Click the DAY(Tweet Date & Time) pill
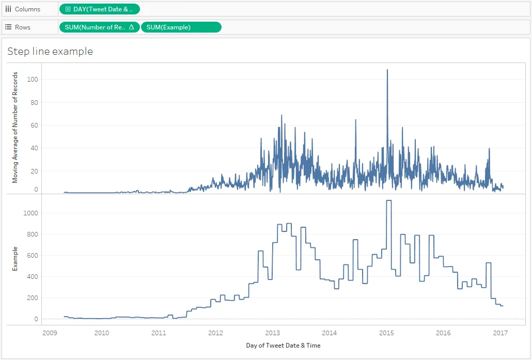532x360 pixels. tap(99, 9)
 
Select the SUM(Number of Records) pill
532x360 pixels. tap(99, 27)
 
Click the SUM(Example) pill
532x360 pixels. tap(181, 27)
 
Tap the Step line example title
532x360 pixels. tap(50, 51)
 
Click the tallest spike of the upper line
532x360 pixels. tap(387, 70)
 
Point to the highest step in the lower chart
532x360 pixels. tap(389, 200)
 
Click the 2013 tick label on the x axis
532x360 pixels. tap(272, 333)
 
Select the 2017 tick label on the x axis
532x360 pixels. tap(500, 333)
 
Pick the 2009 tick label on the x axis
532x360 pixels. tap(50, 333)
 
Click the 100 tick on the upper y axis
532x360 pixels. tap(33, 80)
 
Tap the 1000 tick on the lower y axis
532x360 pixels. tap(31, 213)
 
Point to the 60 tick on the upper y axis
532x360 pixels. tap(34, 125)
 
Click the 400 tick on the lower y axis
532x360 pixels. tap(33, 276)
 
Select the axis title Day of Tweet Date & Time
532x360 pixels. tap(284, 346)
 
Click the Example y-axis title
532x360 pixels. tap(15, 259)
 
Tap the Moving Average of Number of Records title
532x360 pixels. tap(15, 128)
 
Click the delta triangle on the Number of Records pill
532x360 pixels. tap(132, 27)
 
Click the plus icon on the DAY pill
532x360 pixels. tap(68, 9)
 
